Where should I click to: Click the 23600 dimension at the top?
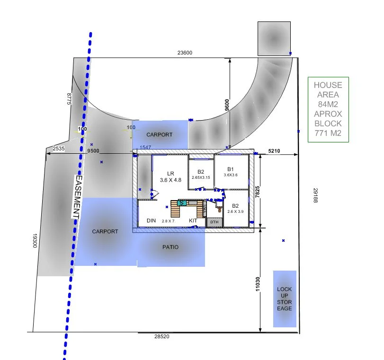point(185,53)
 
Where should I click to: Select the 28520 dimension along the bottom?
point(161,336)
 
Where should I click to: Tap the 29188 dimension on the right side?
point(315,195)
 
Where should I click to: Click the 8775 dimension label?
point(69,99)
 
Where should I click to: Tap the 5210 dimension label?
point(274,151)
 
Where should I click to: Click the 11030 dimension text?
point(257,284)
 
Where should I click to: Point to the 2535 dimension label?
point(59,149)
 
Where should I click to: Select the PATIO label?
point(170,247)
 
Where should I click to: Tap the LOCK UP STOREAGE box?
point(285,299)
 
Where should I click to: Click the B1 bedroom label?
point(231,168)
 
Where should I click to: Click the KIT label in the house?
point(193,221)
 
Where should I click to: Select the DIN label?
point(151,221)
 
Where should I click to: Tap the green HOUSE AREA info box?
point(328,109)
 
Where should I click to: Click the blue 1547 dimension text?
point(145,148)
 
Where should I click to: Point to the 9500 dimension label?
point(93,151)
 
